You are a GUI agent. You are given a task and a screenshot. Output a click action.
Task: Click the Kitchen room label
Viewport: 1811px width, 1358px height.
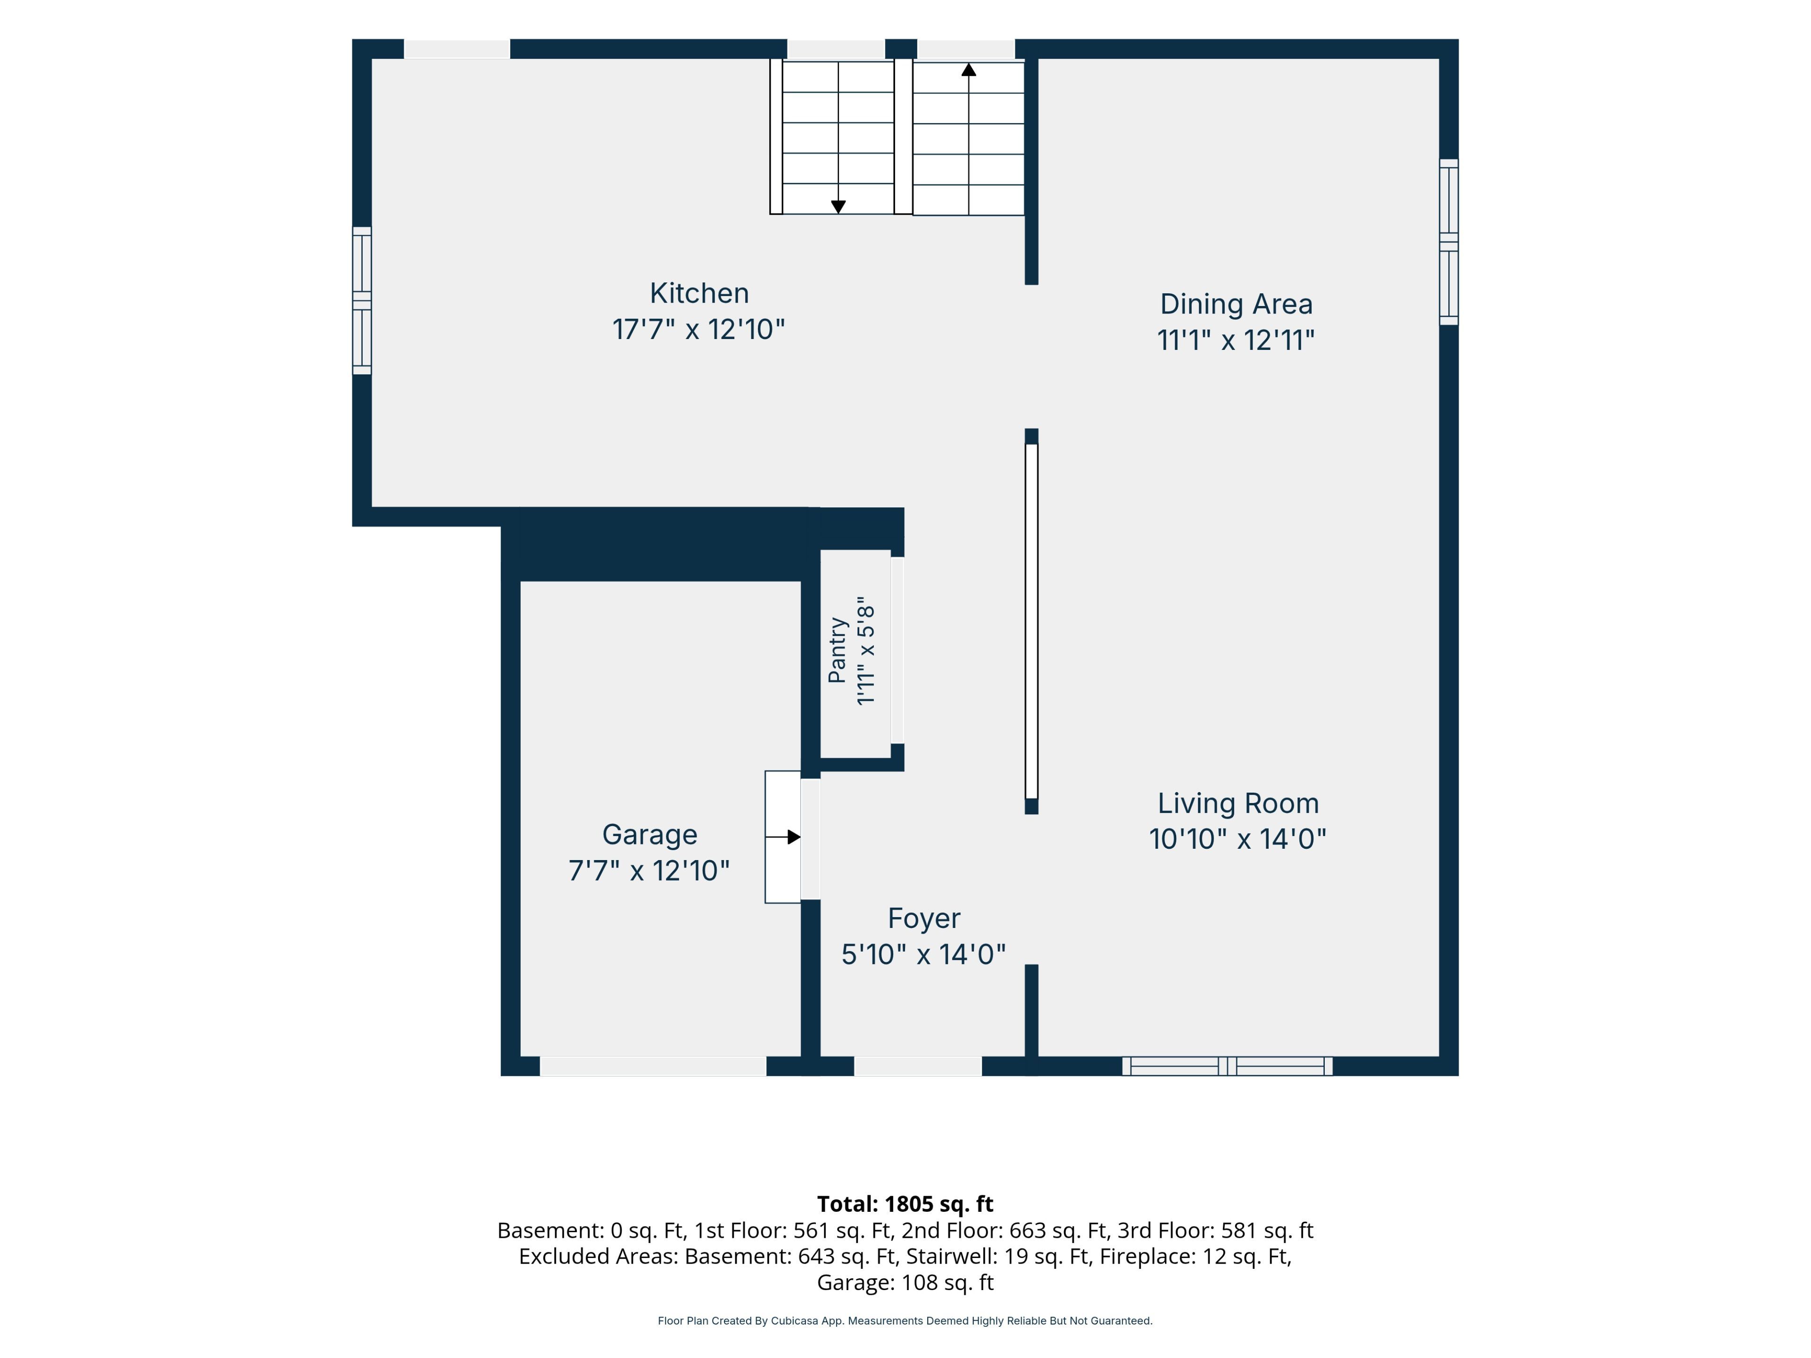[699, 293]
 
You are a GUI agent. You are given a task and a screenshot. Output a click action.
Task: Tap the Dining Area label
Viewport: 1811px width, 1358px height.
[1236, 305]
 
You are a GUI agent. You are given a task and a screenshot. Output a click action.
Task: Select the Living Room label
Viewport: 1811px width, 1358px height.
[1238, 804]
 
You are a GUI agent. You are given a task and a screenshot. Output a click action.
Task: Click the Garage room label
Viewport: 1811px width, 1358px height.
[649, 835]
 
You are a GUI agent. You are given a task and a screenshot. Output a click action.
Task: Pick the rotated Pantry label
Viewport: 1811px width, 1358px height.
[837, 650]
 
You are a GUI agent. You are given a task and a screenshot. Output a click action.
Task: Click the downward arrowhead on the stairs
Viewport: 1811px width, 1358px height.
[839, 207]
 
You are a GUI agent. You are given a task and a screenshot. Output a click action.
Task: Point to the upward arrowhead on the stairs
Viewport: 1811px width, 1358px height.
[969, 70]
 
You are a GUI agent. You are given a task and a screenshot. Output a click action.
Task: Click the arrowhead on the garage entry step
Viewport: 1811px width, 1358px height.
[793, 836]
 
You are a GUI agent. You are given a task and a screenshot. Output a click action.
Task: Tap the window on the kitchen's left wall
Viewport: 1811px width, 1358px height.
[362, 300]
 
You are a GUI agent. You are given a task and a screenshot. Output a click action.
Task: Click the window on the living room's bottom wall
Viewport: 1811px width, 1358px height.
[1227, 1066]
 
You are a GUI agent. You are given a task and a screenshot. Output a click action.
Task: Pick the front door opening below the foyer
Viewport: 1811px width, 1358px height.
[918, 1066]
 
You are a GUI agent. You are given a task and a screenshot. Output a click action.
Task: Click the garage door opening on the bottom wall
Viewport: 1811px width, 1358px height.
[653, 1066]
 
